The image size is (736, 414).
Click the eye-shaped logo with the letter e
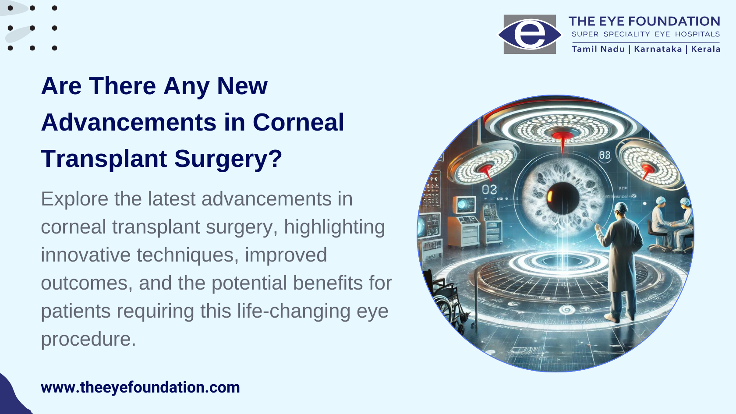[530, 34]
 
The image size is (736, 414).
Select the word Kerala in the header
[706, 49]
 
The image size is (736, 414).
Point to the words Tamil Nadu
[598, 49]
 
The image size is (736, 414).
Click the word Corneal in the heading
[298, 122]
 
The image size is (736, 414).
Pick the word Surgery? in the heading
[228, 159]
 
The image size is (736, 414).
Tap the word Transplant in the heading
[104, 159]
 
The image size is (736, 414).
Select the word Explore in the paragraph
[74, 199]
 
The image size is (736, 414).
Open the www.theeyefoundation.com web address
[140, 387]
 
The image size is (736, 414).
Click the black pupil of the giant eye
[563, 198]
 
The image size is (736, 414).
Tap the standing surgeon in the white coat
[619, 262]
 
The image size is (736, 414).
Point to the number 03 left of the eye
[489, 190]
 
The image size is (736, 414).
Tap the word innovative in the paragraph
[86, 255]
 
